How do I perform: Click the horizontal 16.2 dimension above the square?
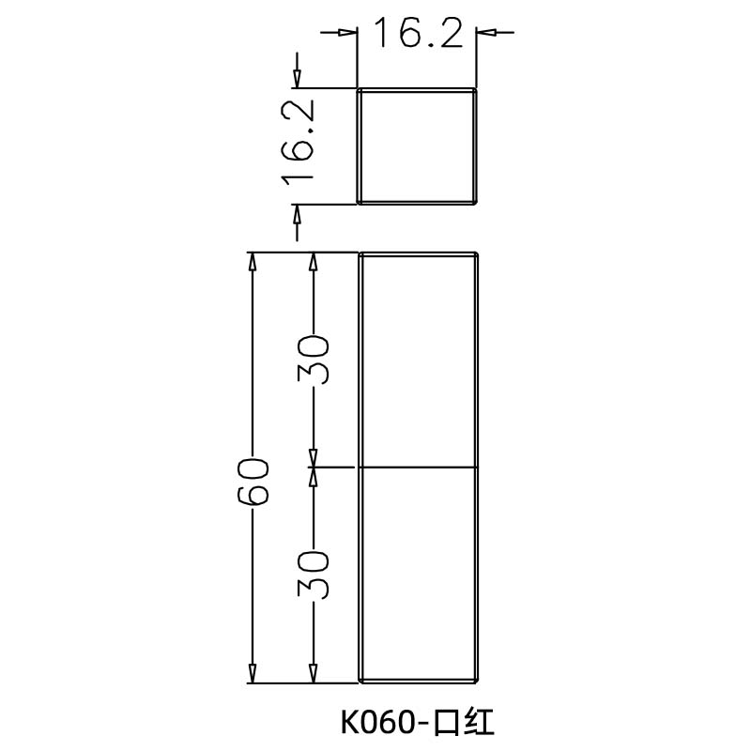(418, 34)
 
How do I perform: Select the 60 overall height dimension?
(253, 481)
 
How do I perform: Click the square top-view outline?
(418, 146)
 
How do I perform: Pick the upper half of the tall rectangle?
(420, 360)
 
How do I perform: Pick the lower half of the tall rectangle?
(420, 574)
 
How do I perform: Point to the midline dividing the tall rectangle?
(420, 467)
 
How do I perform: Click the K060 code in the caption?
(376, 723)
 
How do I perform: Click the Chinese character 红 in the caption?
(477, 723)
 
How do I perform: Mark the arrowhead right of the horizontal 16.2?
(485, 33)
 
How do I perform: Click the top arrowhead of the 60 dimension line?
(252, 262)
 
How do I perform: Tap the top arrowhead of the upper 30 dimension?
(314, 262)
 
